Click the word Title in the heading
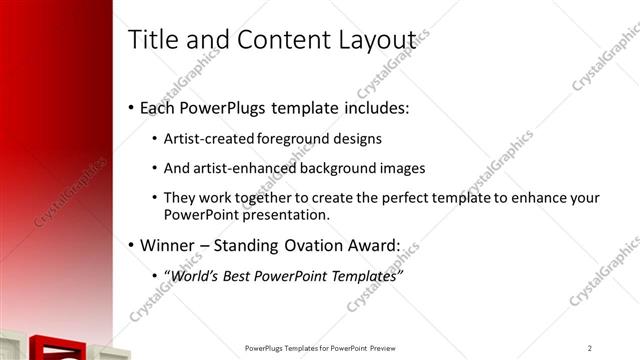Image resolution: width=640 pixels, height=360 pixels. [152, 39]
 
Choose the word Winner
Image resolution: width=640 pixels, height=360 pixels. [168, 244]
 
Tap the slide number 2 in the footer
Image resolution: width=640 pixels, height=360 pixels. [590, 348]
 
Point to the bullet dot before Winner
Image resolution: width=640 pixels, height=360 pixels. [132, 245]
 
